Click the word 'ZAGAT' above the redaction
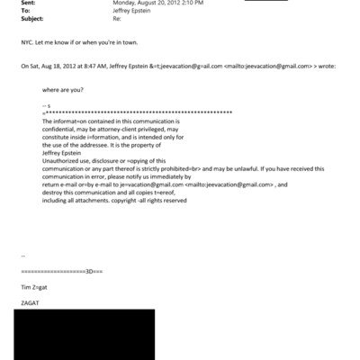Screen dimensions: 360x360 coord(31,304)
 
